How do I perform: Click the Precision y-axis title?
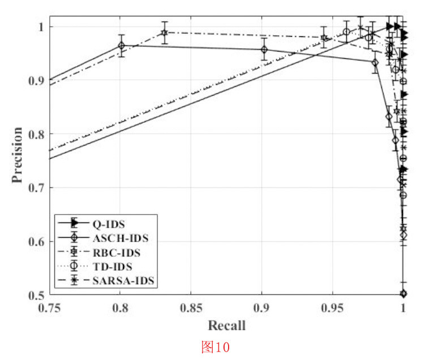18,155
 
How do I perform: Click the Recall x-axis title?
226,325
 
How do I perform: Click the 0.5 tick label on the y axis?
37,295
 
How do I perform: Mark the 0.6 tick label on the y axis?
37,242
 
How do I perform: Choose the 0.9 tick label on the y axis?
37,80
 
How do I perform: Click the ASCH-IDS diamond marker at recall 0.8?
121,45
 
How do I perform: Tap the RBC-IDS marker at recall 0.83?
164,32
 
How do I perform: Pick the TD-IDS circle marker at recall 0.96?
346,32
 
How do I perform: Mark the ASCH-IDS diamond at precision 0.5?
403,293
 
